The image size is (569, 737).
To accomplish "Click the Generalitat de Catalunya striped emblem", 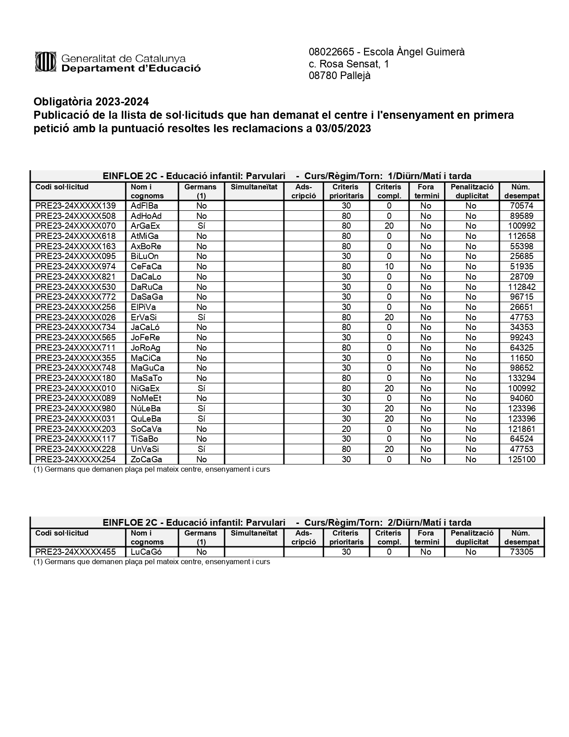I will (x=45, y=62).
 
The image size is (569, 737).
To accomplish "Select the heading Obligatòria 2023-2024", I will (x=91, y=102).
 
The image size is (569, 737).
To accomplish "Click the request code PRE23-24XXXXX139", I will (x=75, y=206).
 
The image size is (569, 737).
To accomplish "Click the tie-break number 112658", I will (x=521, y=236).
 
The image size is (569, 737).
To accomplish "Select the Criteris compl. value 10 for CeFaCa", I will (x=389, y=267).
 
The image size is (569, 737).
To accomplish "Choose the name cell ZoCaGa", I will (x=146, y=460).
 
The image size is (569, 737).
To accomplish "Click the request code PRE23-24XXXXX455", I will (x=75, y=552).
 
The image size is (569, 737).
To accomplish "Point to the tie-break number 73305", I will (x=521, y=552).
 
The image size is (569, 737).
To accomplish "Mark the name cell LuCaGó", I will (x=146, y=552).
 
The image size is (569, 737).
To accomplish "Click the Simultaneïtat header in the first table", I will (x=254, y=187).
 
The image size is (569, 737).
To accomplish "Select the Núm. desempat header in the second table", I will (x=521, y=537).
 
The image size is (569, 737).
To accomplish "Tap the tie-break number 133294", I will (x=521, y=378).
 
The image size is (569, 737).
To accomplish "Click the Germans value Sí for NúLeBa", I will (x=201, y=409).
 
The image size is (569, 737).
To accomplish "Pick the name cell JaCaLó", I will (x=146, y=327).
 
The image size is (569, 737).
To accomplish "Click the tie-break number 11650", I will (x=521, y=358).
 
